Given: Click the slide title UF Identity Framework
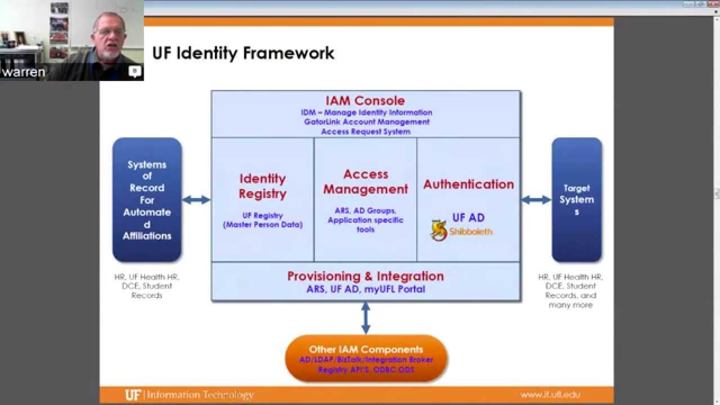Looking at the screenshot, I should [243, 53].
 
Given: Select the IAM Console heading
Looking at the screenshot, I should [365, 101].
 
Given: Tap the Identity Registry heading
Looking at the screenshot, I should [263, 186].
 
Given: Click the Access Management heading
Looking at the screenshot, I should [366, 182].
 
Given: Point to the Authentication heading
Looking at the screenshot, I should [469, 184].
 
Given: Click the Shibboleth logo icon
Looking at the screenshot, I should [439, 231].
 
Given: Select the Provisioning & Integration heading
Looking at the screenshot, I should [366, 276].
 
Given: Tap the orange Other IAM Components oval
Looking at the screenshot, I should [366, 358].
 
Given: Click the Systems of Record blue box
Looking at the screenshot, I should [147, 200].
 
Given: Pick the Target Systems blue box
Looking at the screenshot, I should [577, 200].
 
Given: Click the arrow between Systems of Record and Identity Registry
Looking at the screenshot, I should [196, 200].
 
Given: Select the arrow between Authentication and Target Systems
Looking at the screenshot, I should [535, 200].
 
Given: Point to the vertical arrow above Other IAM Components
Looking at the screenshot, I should [366, 318].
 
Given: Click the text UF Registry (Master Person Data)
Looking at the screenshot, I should [263, 220].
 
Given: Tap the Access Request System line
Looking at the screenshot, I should [366, 132].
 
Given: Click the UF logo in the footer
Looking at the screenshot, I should [133, 395].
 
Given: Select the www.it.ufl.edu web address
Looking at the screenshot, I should [550, 395].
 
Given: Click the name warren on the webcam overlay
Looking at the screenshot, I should [23, 73].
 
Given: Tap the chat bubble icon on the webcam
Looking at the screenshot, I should [134, 71].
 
